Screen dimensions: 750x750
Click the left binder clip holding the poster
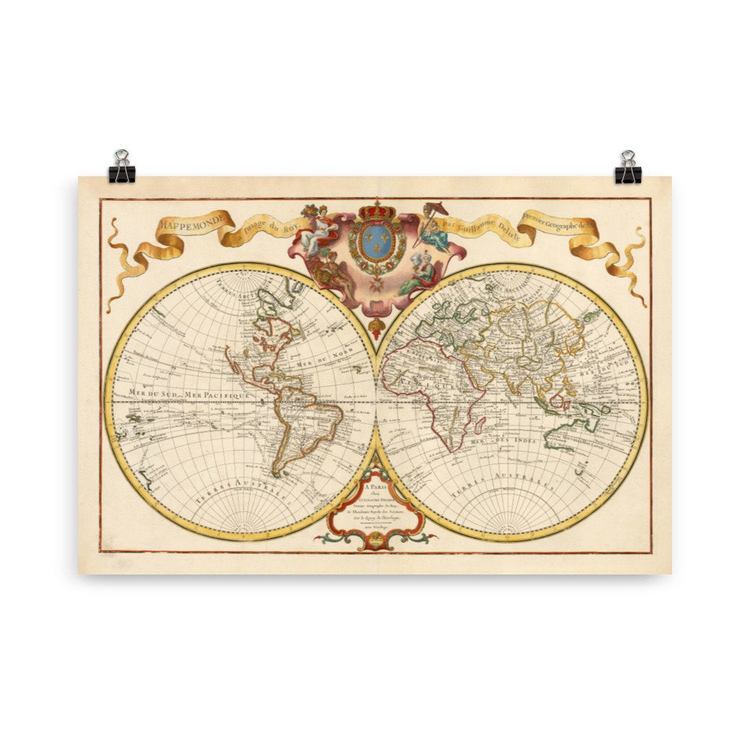click(121, 168)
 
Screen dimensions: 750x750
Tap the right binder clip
click(628, 168)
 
